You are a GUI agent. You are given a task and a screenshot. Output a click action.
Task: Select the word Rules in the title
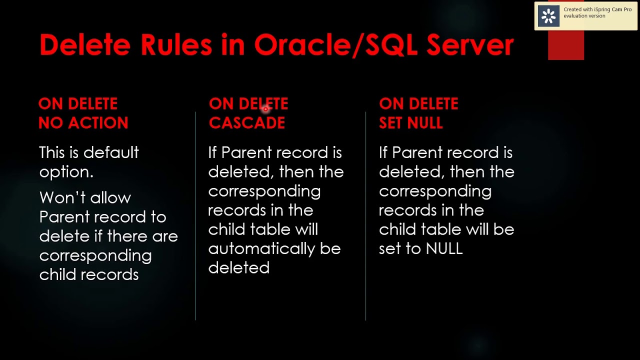(176, 45)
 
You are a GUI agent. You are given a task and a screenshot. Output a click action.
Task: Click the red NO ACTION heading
(83, 123)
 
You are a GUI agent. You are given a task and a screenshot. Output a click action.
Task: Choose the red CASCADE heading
(247, 123)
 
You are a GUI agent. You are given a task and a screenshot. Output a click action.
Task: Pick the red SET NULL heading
(410, 123)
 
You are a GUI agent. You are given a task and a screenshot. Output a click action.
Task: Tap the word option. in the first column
(66, 172)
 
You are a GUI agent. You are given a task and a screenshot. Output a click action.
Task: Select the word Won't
(59, 197)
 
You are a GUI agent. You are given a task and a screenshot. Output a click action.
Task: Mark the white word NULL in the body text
(444, 249)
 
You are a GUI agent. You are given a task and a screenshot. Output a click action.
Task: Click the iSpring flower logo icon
(548, 16)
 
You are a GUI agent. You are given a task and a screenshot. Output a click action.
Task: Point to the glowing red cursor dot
(266, 108)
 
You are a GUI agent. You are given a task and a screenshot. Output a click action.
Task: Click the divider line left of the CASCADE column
(195, 215)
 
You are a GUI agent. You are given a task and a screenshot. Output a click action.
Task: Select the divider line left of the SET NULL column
(365, 215)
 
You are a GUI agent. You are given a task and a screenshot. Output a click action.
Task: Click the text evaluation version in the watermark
(584, 16)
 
